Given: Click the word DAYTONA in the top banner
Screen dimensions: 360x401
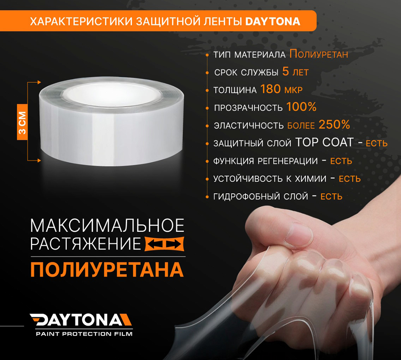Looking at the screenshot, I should pyautogui.click(x=273, y=21).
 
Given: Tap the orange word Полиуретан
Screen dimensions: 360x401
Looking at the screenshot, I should pyautogui.click(x=319, y=54).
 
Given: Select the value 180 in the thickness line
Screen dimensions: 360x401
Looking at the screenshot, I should pyautogui.click(x=270, y=89).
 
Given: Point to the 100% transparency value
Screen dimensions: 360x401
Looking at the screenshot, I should pyautogui.click(x=301, y=107).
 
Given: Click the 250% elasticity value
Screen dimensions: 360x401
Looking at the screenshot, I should pyautogui.click(x=334, y=125).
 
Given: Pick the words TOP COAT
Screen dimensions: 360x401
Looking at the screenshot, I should pyautogui.click(x=324, y=143).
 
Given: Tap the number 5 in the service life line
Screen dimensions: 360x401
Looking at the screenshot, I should pyautogui.click(x=285, y=72).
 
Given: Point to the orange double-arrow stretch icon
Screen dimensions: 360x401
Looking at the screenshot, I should pyautogui.click(x=165, y=243).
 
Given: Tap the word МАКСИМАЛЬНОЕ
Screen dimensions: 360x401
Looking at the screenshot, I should pyautogui.click(x=107, y=226).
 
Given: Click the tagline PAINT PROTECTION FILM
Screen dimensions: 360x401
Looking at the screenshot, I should pyautogui.click(x=84, y=334).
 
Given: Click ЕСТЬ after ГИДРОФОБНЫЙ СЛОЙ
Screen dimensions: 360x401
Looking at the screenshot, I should pyautogui.click(x=332, y=196).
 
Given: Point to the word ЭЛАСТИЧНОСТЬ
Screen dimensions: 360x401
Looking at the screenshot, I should pyautogui.click(x=249, y=125).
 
